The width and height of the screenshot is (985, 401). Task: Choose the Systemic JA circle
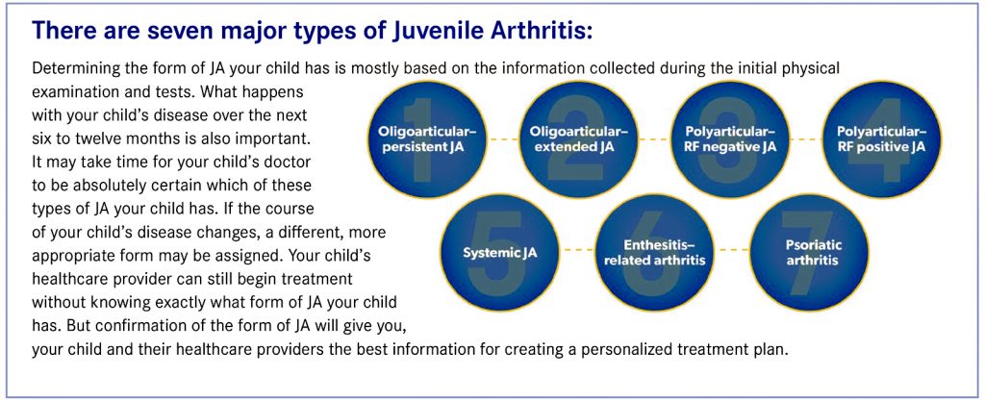(x=500, y=252)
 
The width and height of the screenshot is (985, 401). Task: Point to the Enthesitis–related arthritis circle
(x=655, y=252)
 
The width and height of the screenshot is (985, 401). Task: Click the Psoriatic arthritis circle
(x=809, y=252)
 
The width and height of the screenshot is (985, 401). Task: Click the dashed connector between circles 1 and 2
(x=502, y=139)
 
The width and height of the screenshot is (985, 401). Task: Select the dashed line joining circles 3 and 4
(x=807, y=139)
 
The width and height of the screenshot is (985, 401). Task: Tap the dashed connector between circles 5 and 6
(x=578, y=250)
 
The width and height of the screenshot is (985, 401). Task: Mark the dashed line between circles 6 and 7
(x=732, y=250)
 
